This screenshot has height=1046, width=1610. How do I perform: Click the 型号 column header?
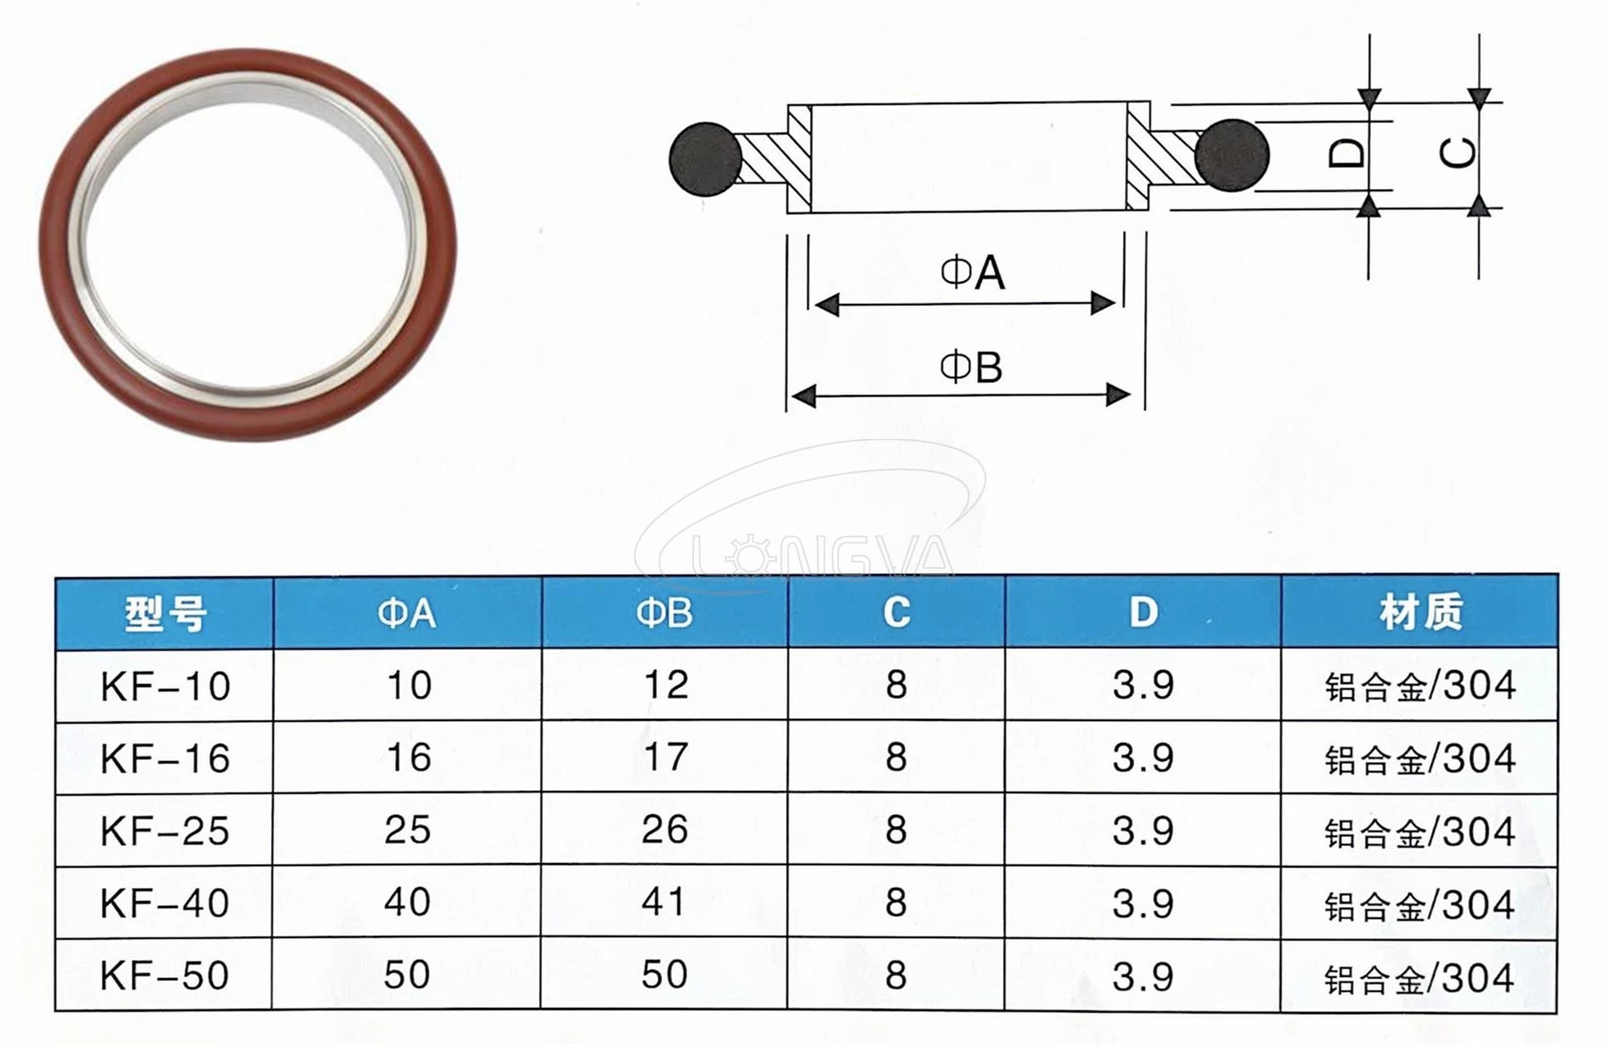[165, 614]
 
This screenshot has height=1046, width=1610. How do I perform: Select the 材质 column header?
[1420, 613]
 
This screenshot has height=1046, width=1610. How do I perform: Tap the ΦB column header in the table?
[664, 614]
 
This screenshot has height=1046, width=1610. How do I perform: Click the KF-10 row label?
[165, 687]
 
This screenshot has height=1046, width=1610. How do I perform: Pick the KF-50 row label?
[165, 976]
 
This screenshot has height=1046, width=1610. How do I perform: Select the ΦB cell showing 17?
[665, 758]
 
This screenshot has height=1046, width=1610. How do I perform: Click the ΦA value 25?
[407, 830]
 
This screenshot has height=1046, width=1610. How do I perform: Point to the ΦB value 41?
[664, 903]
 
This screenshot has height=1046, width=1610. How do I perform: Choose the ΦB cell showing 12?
[665, 686]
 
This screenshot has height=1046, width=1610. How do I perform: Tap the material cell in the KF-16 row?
[1420, 759]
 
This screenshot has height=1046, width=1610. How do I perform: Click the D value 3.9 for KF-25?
[1143, 830]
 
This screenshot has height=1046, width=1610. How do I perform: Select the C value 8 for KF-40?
[896, 903]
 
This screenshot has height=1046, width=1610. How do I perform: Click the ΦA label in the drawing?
[972, 273]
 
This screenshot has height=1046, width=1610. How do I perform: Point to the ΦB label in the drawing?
[971, 367]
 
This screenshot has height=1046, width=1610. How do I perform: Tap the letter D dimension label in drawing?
[1347, 154]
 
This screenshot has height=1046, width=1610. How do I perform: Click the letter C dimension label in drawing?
[1458, 154]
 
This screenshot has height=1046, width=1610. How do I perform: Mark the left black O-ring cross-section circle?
[706, 160]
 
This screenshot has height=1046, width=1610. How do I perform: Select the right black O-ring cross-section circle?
[1232, 156]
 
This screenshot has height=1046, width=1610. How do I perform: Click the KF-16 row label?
[165, 759]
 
